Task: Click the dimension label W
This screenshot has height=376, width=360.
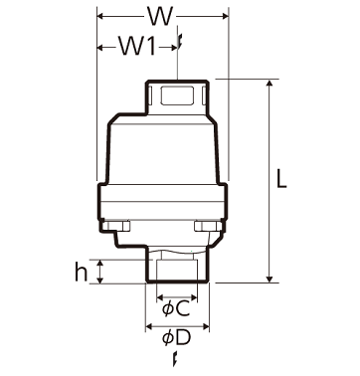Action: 160,16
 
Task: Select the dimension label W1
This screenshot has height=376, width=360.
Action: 137,46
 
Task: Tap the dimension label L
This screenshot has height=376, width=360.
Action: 281,178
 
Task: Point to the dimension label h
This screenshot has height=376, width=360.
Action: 82,272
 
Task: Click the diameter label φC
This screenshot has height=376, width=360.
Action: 176,308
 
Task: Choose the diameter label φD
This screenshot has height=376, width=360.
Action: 176,338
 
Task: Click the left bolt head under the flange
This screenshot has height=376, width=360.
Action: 116,226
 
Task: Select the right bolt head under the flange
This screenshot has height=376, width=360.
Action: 208,226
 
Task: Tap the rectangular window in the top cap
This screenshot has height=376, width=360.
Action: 177,95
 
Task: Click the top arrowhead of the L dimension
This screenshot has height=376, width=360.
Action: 270,83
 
